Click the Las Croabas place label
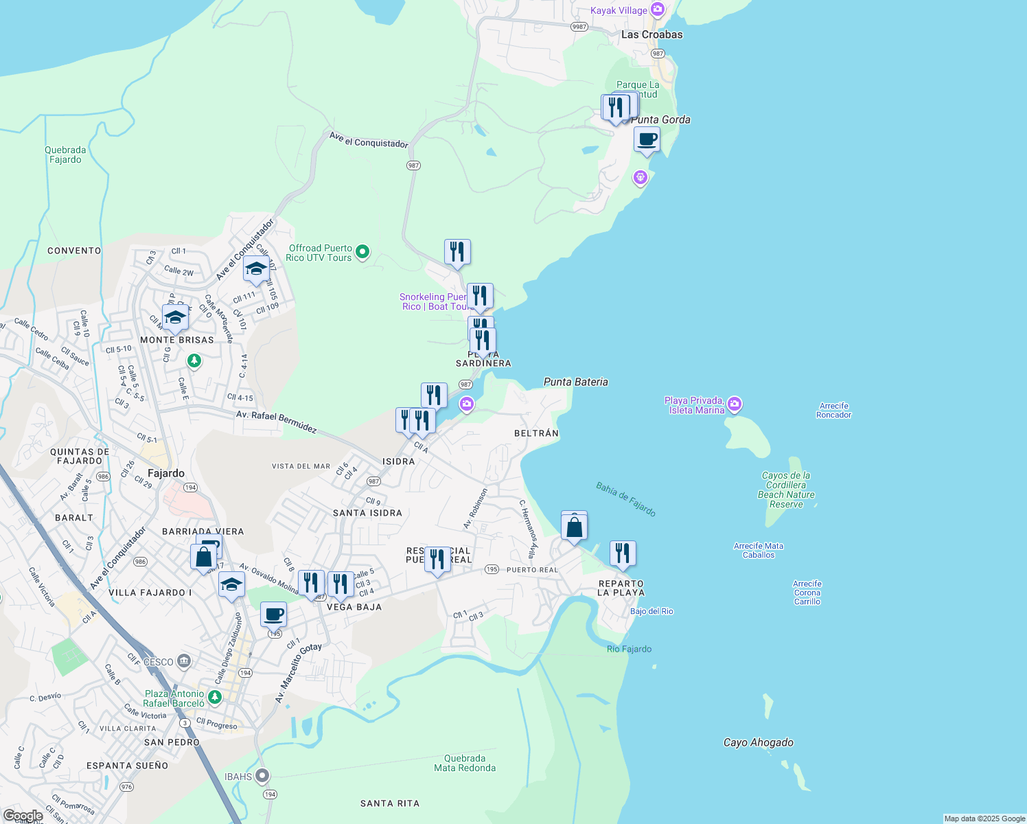[651, 34]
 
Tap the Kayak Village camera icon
[658, 10]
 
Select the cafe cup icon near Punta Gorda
[647, 140]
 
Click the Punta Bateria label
[575, 382]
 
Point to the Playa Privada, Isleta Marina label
[694, 405]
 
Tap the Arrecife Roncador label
[833, 410]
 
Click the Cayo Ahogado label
[758, 742]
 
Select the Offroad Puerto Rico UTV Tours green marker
[362, 252]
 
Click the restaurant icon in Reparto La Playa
[623, 553]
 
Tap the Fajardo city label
[166, 473]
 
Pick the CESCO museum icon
[183, 662]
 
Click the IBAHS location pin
[262, 776]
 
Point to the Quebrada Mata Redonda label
[465, 763]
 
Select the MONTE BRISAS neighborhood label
[177, 340]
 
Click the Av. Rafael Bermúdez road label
[276, 422]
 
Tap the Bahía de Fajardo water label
[625, 499]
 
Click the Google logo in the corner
[23, 816]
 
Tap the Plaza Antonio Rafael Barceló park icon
[215, 698]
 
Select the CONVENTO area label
[74, 251]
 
